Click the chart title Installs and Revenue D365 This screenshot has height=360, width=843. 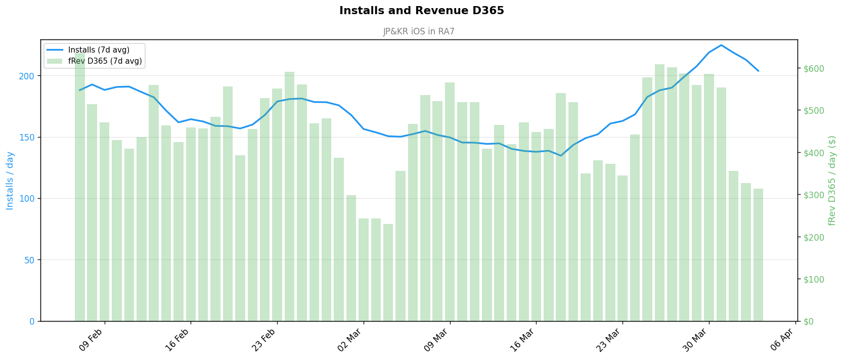[421, 11]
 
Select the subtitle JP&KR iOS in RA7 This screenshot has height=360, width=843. [419, 31]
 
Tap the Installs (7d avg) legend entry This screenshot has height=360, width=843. [99, 50]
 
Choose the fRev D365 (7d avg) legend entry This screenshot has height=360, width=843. [105, 61]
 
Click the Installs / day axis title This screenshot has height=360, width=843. [10, 181]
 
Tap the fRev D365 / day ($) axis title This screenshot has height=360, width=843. [832, 181]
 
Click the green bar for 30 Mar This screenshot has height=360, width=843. [709, 197]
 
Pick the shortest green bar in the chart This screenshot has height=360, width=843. [388, 273]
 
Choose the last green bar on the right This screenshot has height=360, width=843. [758, 255]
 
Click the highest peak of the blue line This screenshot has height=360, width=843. [721, 45]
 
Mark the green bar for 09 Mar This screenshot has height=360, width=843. [450, 202]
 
